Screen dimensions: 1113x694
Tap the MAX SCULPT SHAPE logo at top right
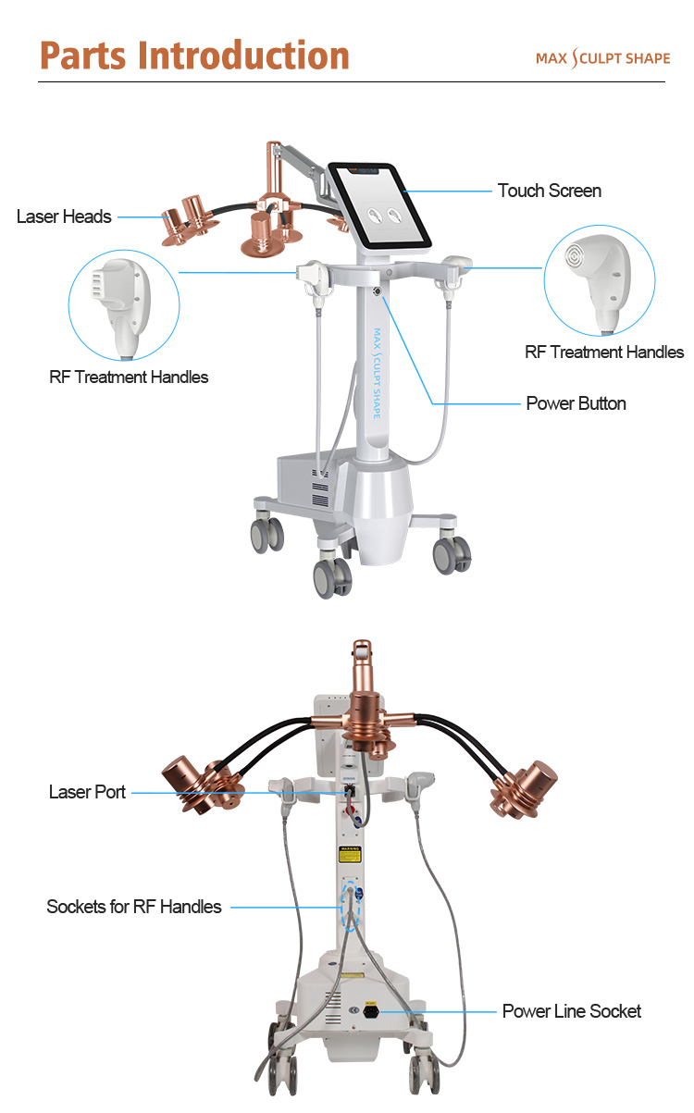(602, 58)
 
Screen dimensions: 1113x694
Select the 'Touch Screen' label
(549, 191)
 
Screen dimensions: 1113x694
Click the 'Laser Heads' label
(64, 216)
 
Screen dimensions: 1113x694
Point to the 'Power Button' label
(576, 403)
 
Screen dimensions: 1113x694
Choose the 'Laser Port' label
(87, 792)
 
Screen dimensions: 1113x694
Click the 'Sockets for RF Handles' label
(134, 907)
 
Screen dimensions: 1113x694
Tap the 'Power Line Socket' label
(571, 1011)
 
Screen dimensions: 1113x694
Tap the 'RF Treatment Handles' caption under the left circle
(129, 377)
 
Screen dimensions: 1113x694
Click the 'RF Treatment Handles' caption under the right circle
(604, 352)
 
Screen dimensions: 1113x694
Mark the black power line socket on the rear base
(372, 1011)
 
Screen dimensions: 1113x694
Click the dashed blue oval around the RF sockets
(353, 907)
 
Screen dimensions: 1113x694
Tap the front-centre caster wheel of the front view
(332, 578)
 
